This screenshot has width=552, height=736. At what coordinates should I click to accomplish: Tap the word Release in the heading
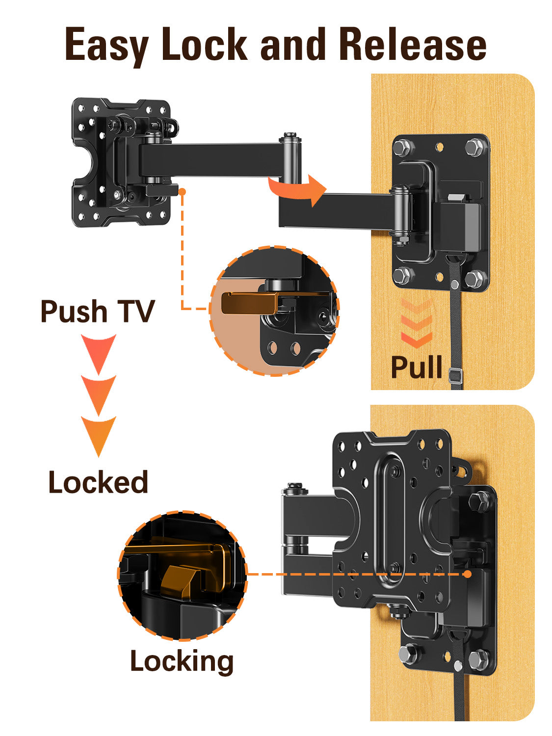pos(412,45)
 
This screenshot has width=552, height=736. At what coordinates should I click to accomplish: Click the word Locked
pos(98,482)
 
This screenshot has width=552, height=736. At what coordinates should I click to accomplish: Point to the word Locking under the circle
pos(182,661)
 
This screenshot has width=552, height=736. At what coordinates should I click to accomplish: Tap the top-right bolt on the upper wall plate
pos(474,146)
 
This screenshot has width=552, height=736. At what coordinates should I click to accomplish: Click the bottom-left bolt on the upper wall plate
pos(404,276)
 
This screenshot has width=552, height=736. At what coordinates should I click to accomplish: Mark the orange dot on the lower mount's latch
pos(467,574)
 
